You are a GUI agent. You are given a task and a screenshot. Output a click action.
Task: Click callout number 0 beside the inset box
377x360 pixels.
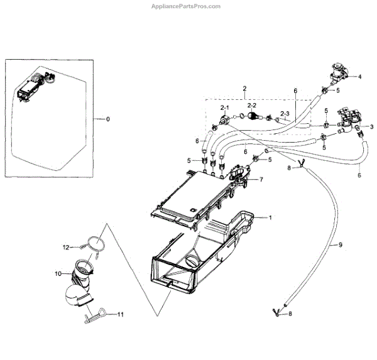pyautogui.click(x=108, y=119)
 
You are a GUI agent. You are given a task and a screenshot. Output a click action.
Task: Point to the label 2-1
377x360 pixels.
pyautogui.click(x=224, y=108)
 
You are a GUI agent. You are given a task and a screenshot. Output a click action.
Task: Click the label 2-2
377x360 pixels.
pyautogui.click(x=251, y=105)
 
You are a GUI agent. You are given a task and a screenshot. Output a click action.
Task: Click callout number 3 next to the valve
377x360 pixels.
pyautogui.click(x=371, y=126)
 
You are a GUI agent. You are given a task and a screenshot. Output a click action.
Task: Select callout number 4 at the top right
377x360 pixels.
pyautogui.click(x=359, y=77)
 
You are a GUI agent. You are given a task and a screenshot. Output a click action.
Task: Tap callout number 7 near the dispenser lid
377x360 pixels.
pyautogui.click(x=262, y=180)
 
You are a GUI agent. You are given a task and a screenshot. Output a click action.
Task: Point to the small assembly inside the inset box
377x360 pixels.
pyautogui.click(x=31, y=88)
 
